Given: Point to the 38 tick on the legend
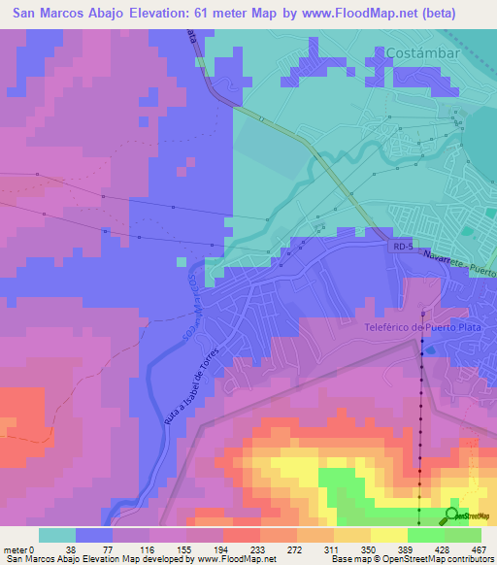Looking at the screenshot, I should coord(75,548).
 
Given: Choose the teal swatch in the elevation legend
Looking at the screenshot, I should coord(57,535).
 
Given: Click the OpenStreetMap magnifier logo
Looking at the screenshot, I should coord(452,515).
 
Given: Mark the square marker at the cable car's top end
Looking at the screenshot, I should coord(423,315).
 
